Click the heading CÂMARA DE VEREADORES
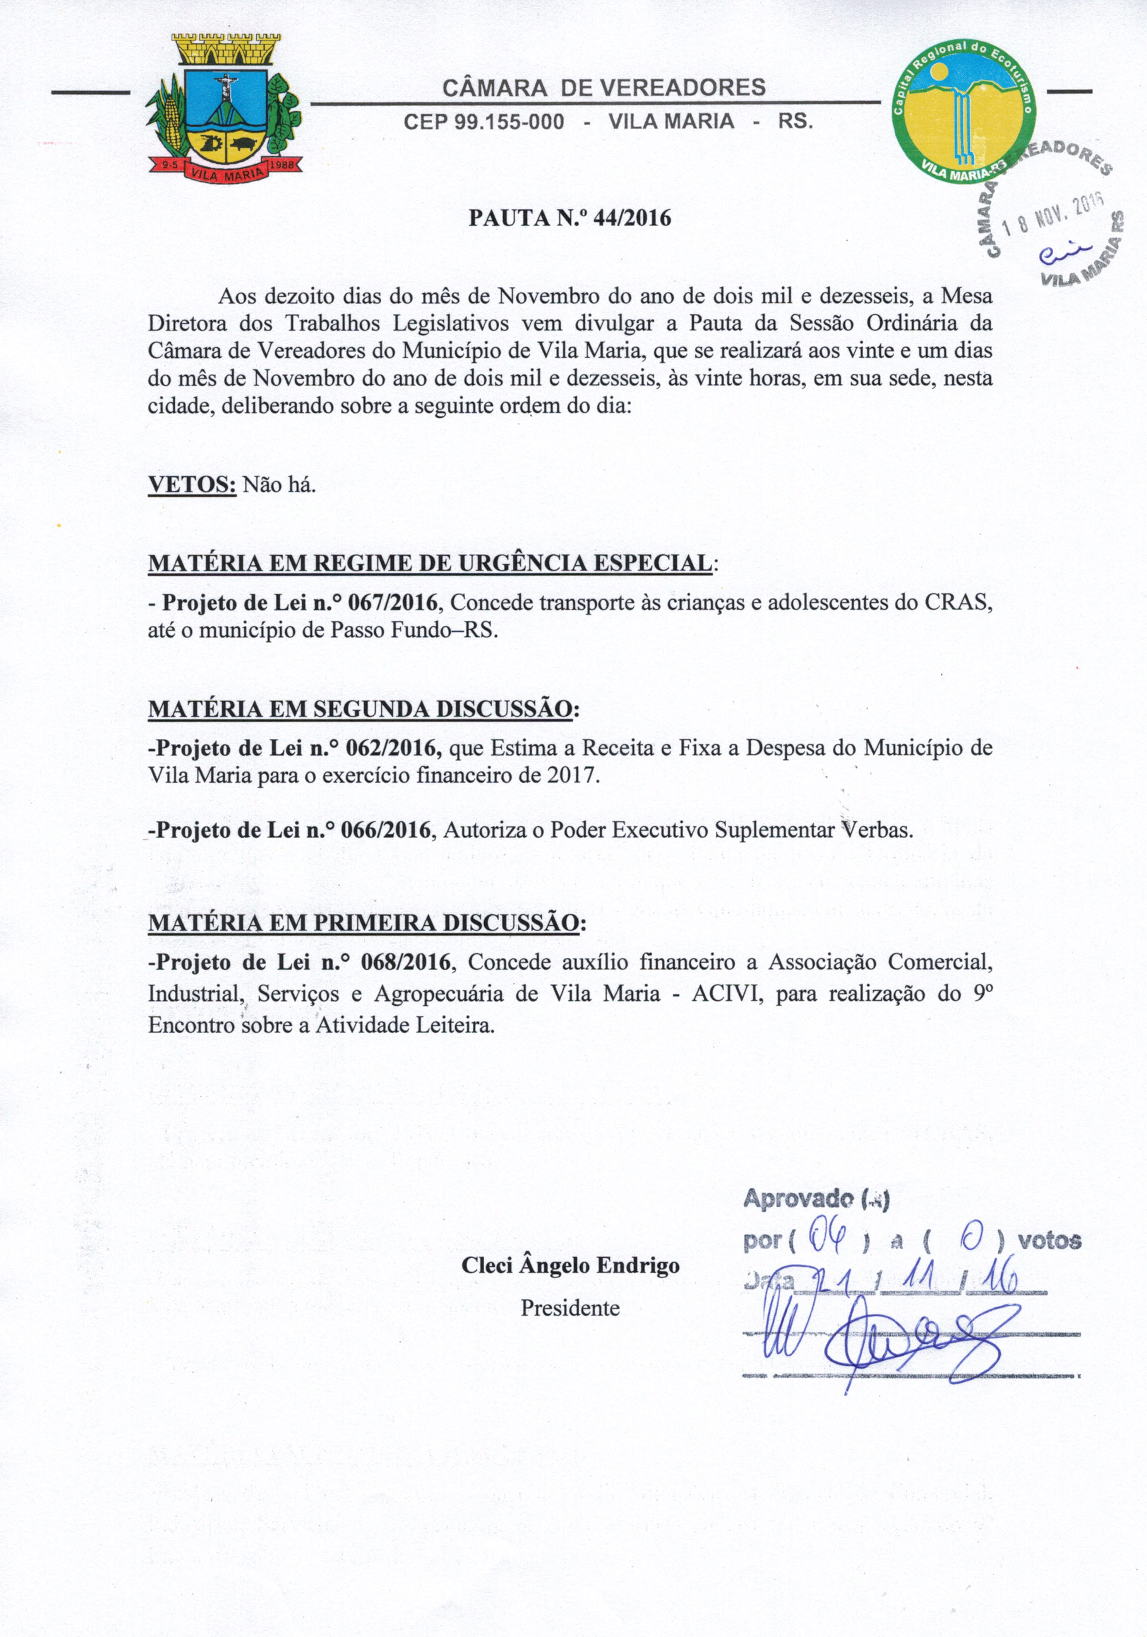pyautogui.click(x=604, y=88)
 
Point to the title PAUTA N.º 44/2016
pyautogui.click(x=569, y=218)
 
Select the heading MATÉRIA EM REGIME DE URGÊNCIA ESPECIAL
pyautogui.click(x=430, y=563)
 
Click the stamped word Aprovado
pyautogui.click(x=798, y=1199)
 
